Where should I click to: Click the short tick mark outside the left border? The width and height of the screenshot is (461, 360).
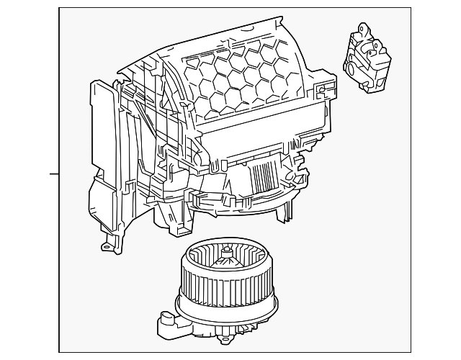54,174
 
